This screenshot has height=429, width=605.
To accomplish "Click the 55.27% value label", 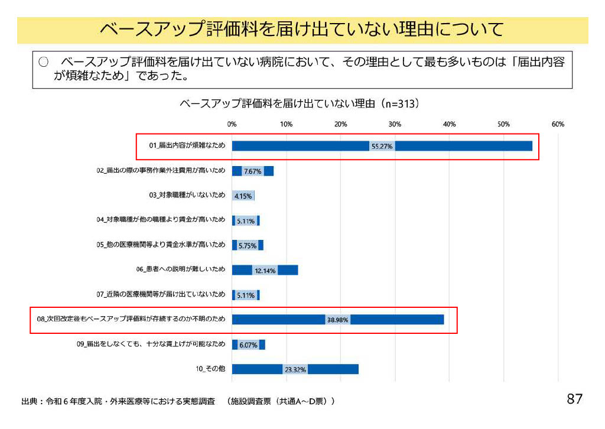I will click(x=382, y=146).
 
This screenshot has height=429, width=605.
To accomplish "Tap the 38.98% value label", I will click(x=337, y=320).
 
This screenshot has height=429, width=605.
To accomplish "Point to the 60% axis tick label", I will click(x=558, y=124).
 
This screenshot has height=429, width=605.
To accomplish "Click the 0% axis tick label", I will click(x=232, y=124).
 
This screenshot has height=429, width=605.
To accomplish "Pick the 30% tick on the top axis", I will click(x=395, y=124).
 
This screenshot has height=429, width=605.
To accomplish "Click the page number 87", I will click(x=574, y=399).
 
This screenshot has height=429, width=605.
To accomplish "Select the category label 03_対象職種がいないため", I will click(x=187, y=195).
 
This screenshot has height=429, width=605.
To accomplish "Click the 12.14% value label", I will click(x=265, y=271).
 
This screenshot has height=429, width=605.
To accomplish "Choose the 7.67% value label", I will click(x=253, y=171).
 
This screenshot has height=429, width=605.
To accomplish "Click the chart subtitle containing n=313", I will click(x=300, y=104).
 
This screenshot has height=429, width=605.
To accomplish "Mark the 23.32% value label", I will click(x=295, y=370).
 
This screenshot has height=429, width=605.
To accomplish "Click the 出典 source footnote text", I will click(x=177, y=401).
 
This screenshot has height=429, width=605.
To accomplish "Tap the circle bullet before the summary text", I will click(x=43, y=63).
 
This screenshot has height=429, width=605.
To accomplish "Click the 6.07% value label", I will click(x=248, y=345).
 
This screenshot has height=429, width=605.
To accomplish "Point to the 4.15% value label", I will click(x=243, y=196).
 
